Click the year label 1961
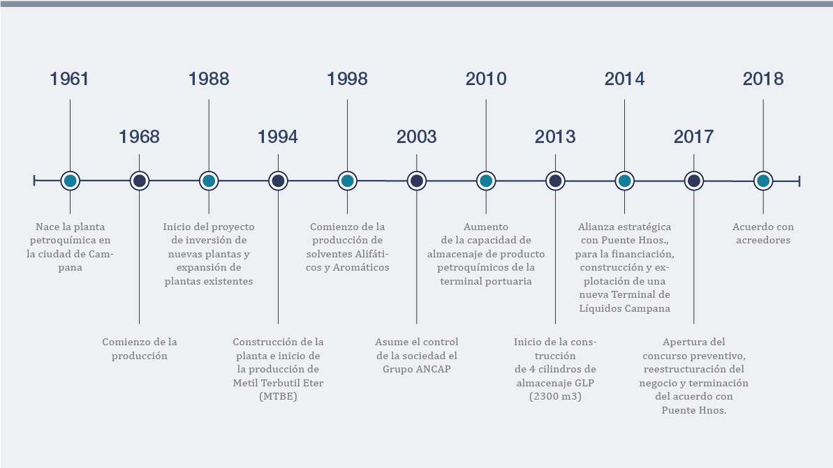point(69,79)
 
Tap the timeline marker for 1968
point(139,181)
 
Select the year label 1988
point(209,79)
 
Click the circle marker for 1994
point(278,181)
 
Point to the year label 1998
point(348,79)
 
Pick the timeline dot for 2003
point(416,181)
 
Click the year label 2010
point(486,79)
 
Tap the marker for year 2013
point(555,181)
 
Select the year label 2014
point(625,79)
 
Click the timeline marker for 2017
point(694,181)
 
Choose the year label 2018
point(763,79)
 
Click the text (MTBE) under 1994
point(278,396)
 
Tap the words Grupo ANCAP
point(416,369)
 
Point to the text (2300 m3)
point(555,396)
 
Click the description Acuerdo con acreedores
point(763,234)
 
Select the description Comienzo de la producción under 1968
point(139,349)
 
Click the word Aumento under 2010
point(485,227)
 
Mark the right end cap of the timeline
point(799,181)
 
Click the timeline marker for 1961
point(70,181)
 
